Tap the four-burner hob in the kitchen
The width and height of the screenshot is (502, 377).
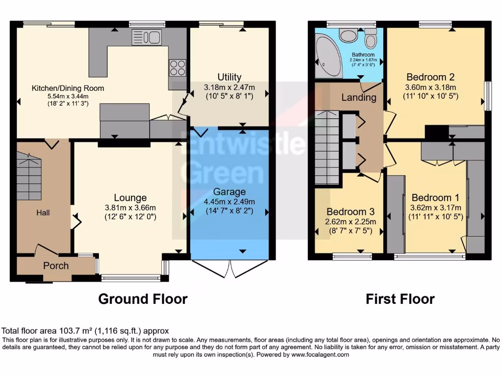[177, 68]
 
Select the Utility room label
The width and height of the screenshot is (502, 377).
[229, 77]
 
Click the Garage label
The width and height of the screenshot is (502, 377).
[229, 191]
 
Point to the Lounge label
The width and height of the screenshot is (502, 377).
[130, 198]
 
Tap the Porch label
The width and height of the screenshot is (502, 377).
[56, 266]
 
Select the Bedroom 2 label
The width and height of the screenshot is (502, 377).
[430, 77]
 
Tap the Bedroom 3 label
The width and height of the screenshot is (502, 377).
[351, 212]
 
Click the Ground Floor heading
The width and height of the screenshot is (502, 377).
[143, 299]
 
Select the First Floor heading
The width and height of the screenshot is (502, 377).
[400, 299]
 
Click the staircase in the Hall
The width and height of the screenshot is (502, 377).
[29, 177]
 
